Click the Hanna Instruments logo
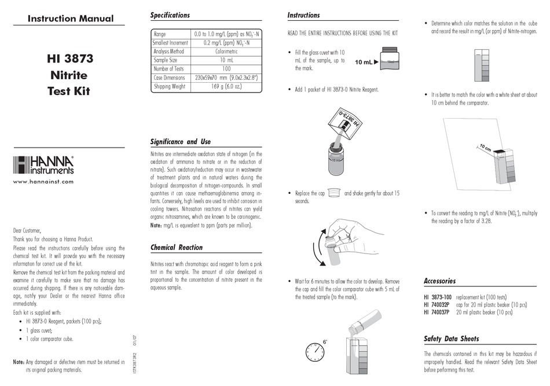pyautogui.click(x=43, y=166)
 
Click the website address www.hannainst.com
pyautogui.click(x=43, y=182)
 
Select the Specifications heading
pyautogui.click(x=170, y=15)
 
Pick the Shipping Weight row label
pyautogui.click(x=169, y=86)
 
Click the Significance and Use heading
pyautogui.click(x=180, y=141)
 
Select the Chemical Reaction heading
pyautogui.click(x=176, y=247)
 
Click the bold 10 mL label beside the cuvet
pyautogui.click(x=363, y=62)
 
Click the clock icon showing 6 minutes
pyautogui.click(x=314, y=351)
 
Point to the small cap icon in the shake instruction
pyautogui.click(x=332, y=193)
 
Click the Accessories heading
pyautogui.click(x=439, y=281)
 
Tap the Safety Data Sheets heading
pyautogui.click(x=451, y=339)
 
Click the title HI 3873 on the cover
pyautogui.click(x=69, y=58)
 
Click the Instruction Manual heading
pyautogui.click(x=69, y=19)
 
